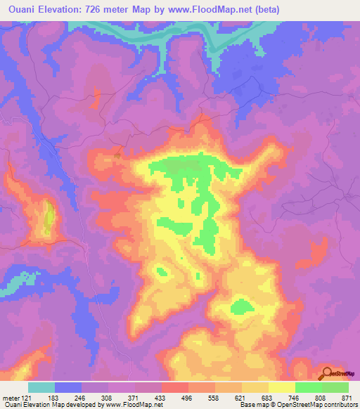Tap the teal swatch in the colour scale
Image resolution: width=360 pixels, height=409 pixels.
pos(41,387)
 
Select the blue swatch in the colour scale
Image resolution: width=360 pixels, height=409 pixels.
pos(68,387)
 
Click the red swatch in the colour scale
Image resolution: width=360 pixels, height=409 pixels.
pos(175,387)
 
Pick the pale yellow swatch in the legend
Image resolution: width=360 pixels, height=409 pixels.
pos(282,387)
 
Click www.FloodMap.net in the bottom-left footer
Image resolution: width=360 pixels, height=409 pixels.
pos(134,405)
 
